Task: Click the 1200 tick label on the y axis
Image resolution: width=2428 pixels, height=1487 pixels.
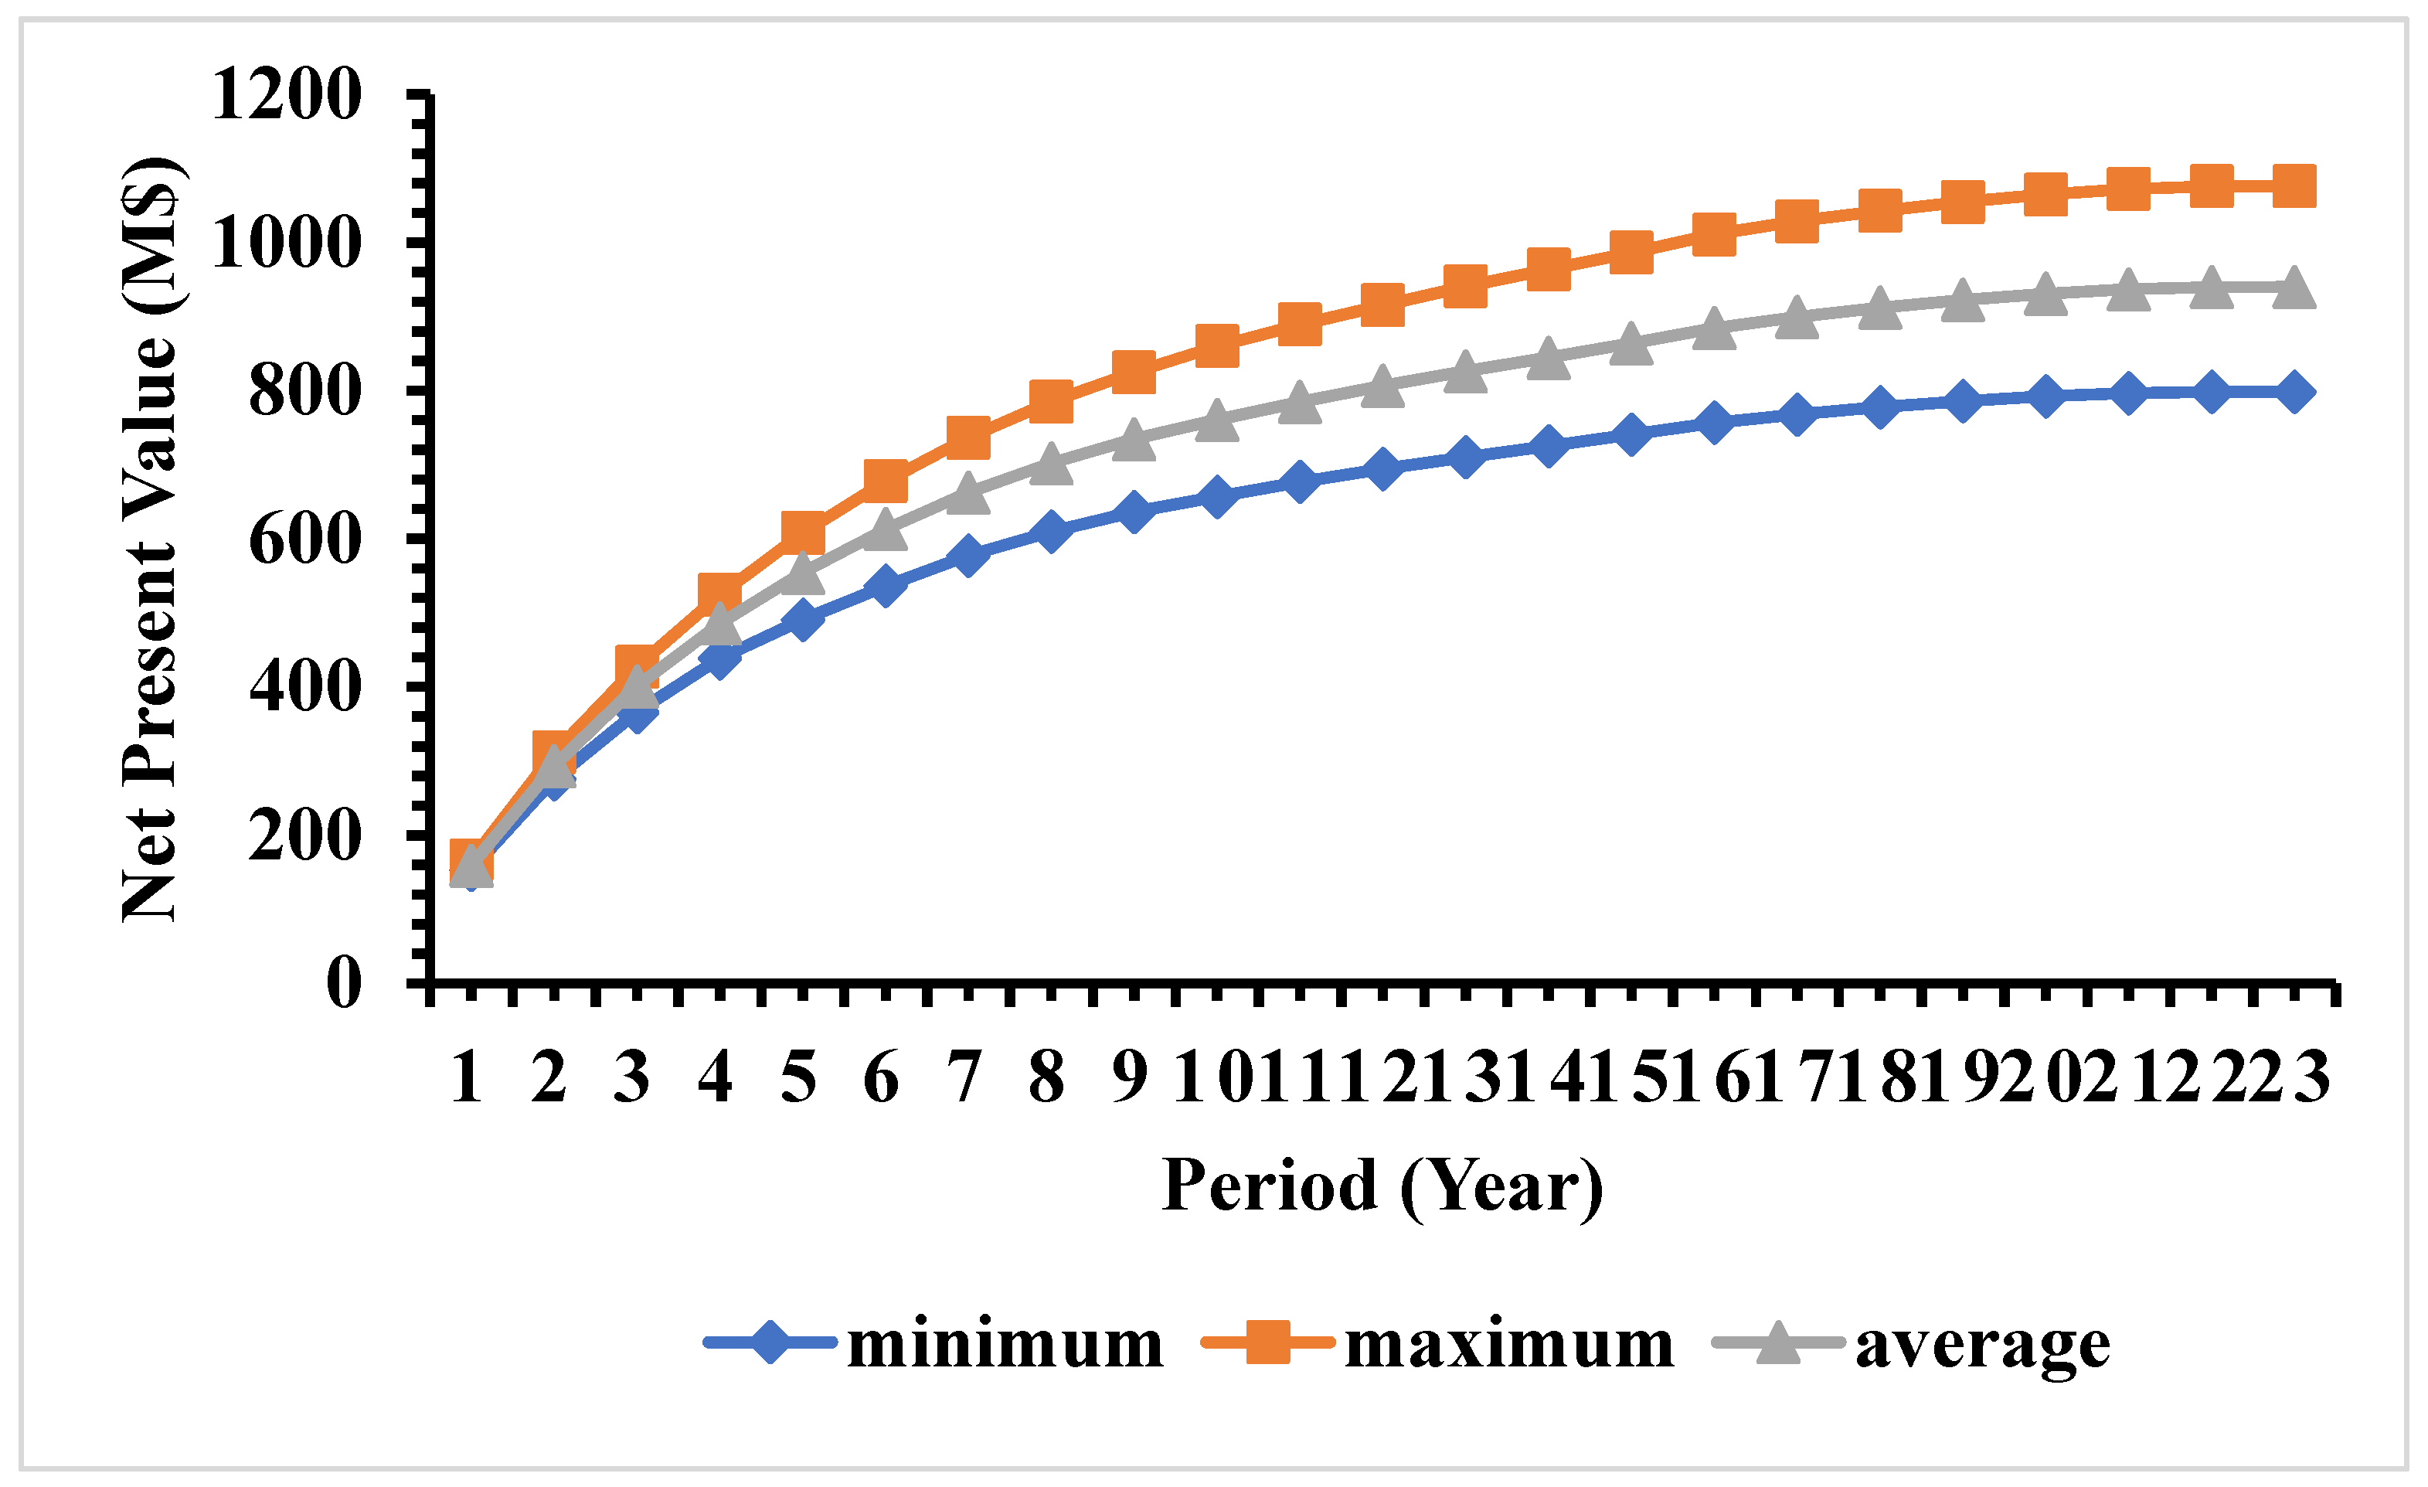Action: coord(286,96)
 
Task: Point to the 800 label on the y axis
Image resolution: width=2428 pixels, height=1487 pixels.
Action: coord(304,391)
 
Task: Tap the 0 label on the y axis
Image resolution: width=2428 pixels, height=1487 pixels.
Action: coord(344,982)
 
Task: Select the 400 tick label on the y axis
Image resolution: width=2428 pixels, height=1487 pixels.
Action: coord(304,687)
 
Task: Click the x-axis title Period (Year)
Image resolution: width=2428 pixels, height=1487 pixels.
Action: coord(1382,1186)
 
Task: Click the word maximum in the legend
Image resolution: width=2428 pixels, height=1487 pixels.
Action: coord(1508,1343)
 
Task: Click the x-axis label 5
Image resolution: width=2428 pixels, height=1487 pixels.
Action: coord(798,1077)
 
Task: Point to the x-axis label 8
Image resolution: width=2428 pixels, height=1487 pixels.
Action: coord(1046,1077)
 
